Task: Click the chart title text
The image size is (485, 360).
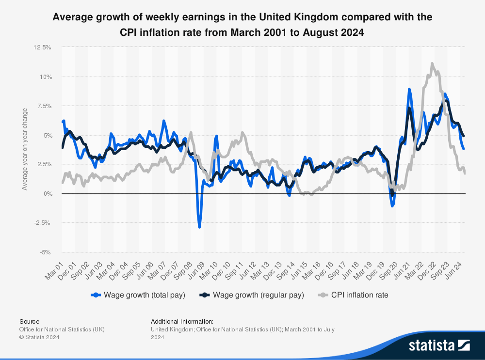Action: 242,25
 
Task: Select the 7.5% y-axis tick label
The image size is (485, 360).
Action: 43,106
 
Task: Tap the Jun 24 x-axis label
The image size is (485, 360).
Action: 456,269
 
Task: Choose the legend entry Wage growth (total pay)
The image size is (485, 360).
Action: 138,295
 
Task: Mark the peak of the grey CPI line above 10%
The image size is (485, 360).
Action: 432,63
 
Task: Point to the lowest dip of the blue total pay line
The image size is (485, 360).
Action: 199,227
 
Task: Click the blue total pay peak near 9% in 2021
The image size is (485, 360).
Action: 409,89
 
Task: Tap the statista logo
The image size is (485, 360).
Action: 439,345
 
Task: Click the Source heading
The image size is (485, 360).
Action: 30,321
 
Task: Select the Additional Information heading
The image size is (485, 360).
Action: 182,321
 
